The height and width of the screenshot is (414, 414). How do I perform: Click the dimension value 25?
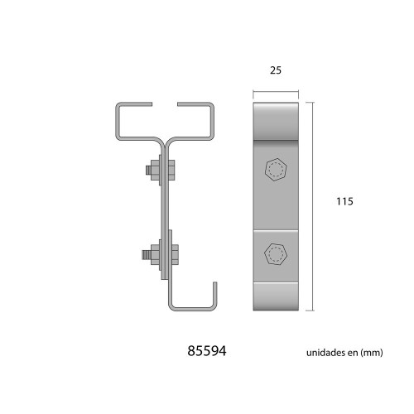point(275,71)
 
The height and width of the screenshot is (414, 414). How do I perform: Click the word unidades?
point(325,352)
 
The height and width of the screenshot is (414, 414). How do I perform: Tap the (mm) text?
point(373,352)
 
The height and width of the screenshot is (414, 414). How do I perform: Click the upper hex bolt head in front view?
point(275,169)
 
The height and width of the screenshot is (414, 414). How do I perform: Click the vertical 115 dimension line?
point(312,207)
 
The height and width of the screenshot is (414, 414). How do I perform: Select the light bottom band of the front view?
point(275,296)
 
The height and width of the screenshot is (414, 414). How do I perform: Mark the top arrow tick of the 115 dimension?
point(312,103)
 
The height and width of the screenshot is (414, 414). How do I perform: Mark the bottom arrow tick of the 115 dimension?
point(312,310)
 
